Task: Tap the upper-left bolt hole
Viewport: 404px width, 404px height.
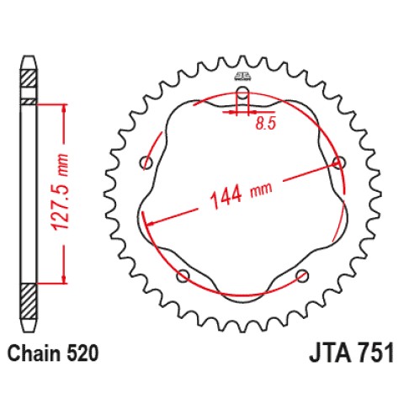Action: (x=147, y=162)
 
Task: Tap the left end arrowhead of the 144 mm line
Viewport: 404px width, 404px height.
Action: (x=148, y=223)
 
